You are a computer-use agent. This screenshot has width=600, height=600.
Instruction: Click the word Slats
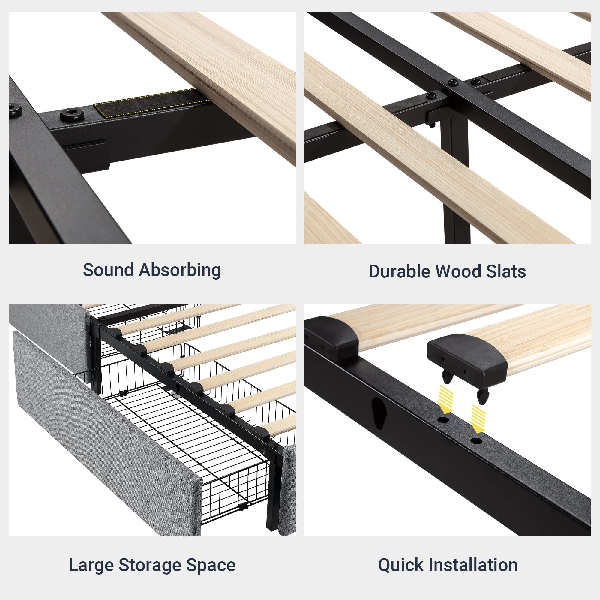pos(506,271)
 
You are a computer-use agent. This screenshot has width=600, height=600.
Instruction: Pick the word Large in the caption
pos(91,565)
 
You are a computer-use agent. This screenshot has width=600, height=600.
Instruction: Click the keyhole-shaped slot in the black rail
pos(379,413)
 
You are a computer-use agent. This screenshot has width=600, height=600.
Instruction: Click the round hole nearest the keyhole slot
pos(443,420)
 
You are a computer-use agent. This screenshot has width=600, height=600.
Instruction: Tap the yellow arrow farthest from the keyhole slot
pos(478,418)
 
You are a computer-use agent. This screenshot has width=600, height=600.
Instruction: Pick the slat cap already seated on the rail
pos(332,338)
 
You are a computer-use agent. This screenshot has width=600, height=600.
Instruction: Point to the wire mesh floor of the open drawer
pos(186,435)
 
